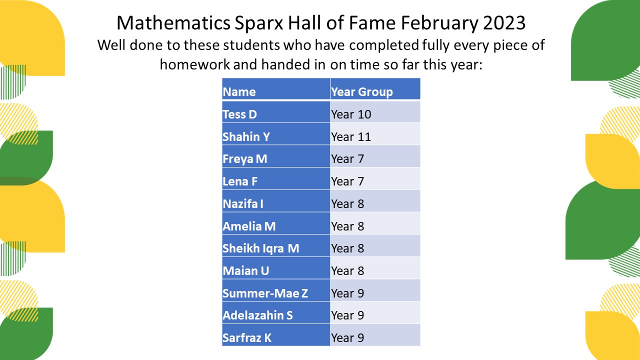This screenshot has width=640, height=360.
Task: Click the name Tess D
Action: [239, 114]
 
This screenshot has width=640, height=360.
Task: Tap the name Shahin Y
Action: [246, 137]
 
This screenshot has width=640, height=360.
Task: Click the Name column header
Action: [239, 92]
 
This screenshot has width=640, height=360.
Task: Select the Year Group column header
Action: [362, 92]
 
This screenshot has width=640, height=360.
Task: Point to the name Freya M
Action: [245, 159]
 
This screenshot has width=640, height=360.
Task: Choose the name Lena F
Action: [240, 181]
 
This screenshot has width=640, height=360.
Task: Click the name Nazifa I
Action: [243, 204]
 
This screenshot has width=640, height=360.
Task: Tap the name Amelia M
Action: [249, 226]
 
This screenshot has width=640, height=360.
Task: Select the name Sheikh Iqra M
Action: [261, 248]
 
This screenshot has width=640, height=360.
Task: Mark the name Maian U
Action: [246, 271]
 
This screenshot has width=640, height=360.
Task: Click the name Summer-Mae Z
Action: [265, 293]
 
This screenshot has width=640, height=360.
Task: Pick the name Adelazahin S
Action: [257, 315]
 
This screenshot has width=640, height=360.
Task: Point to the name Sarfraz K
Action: [247, 338]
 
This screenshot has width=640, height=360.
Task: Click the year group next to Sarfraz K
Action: [347, 338]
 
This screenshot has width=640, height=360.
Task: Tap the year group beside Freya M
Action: [347, 159]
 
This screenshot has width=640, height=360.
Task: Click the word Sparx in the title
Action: [259, 23]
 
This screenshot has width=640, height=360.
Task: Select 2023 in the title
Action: [504, 23]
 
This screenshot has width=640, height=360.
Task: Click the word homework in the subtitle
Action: [195, 64]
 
